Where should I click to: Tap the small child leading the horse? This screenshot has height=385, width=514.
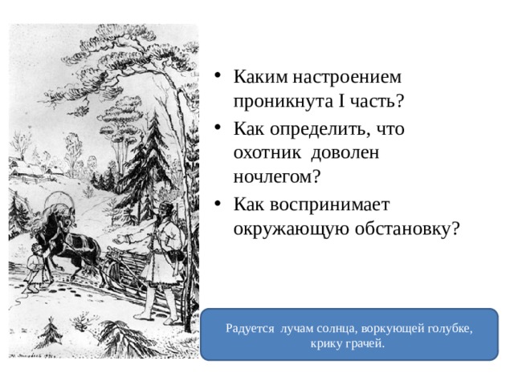point(35,268)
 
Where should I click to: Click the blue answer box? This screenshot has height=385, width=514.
point(349,334)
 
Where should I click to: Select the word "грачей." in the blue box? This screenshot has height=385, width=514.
point(365,343)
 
